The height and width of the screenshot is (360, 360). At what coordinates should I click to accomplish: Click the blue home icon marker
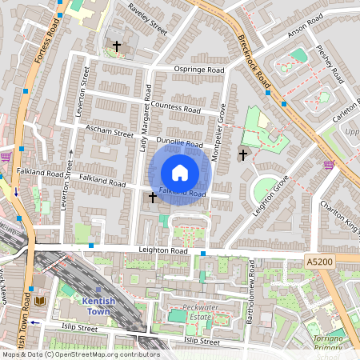(x=180, y=173)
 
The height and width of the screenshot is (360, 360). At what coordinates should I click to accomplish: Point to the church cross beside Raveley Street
(x=117, y=47)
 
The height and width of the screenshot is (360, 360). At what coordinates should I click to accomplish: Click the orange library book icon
(x=42, y=301)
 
